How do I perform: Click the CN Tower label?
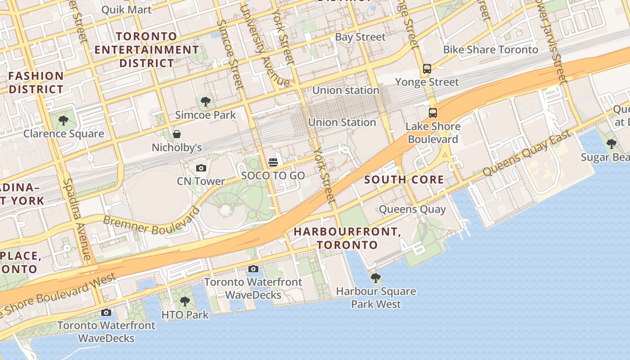coord(201,181)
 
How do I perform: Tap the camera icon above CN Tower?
coord(201,168)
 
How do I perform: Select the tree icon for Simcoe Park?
coord(206,102)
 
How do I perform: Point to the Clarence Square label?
coord(63,134)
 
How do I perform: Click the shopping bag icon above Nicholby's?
coord(177,134)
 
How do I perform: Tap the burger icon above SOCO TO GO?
coord(273,162)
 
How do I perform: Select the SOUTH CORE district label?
coord(404,180)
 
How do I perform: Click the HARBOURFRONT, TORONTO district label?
coord(346,238)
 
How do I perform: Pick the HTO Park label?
coord(185,315)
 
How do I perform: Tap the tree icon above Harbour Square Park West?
coord(376,278)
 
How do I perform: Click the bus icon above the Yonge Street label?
coord(427,69)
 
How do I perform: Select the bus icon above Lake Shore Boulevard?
coord(432,112)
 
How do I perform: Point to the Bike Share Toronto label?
coord(490,49)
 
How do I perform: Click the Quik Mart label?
coord(126,9)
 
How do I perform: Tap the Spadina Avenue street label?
coord(77,219)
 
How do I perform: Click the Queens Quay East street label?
coord(526,153)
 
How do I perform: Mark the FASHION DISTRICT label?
coord(36,82)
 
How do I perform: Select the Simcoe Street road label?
coord(230,54)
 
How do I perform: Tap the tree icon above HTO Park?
coord(184,301)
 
